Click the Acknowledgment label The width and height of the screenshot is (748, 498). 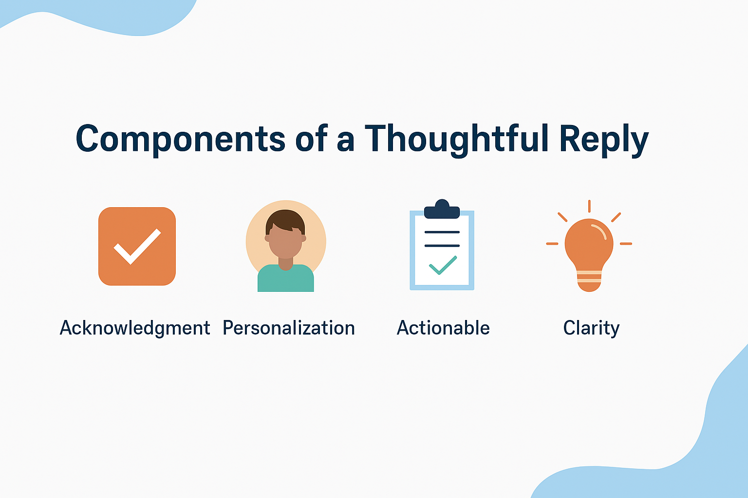point(135,328)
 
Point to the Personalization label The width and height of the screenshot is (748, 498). point(288,328)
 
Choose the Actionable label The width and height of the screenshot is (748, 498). point(443,328)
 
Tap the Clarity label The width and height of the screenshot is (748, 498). point(591,328)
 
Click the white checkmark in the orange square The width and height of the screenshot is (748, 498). point(137,247)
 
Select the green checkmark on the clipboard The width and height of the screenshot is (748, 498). point(443,265)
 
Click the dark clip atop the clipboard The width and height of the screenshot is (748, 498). point(442,210)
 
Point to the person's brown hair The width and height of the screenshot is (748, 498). point(285,220)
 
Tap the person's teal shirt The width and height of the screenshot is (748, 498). point(285,278)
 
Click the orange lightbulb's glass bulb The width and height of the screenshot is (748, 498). point(589,244)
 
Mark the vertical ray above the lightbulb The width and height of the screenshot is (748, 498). point(589,206)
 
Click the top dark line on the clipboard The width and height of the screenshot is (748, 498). point(442,232)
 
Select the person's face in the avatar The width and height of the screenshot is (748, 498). point(285,242)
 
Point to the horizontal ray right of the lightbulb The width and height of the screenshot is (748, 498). point(626,244)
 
